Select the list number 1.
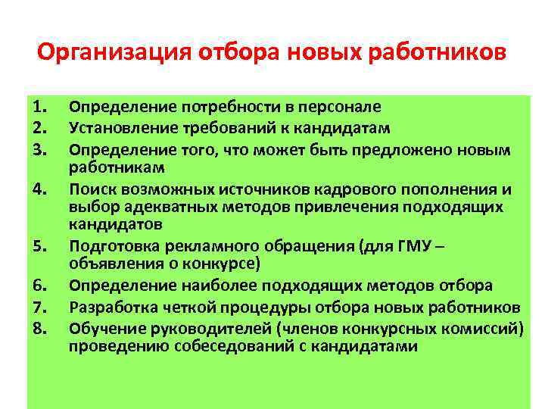41,107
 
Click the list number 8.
41,328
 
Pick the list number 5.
41,245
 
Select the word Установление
117,125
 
